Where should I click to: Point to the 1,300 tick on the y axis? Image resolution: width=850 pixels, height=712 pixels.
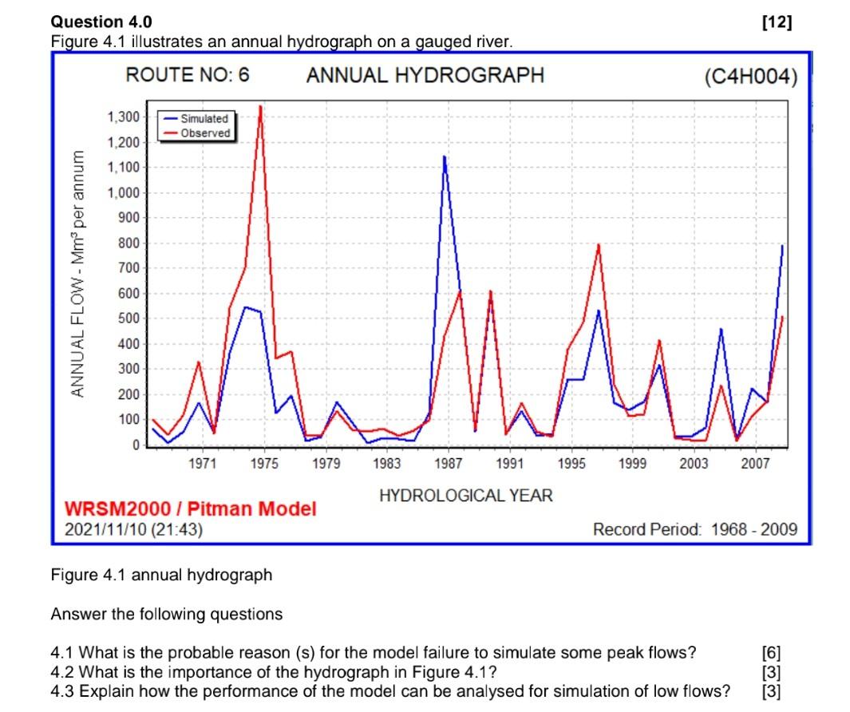pyautogui.click(x=123, y=117)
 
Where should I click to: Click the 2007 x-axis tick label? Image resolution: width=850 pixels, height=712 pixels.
pyautogui.click(x=755, y=464)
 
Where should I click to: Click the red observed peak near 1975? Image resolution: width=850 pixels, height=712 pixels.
pyautogui.click(x=260, y=107)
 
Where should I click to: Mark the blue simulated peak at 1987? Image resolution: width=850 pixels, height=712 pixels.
pyautogui.click(x=444, y=156)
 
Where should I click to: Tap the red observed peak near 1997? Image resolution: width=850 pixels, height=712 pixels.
pyautogui.click(x=598, y=244)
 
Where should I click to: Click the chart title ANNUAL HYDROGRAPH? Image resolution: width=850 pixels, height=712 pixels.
pyautogui.click(x=425, y=76)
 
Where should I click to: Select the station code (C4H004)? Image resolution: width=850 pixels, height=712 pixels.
pyautogui.click(x=750, y=77)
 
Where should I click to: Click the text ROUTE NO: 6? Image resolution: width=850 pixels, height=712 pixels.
pyautogui.click(x=188, y=75)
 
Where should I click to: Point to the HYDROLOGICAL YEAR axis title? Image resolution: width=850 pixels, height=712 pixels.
pyautogui.click(x=465, y=496)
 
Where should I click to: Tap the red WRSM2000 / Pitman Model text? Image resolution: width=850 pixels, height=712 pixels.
pyautogui.click(x=190, y=508)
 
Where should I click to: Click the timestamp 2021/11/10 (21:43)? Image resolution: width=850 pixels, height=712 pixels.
pyautogui.click(x=133, y=528)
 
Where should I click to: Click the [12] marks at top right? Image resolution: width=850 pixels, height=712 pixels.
pyautogui.click(x=777, y=22)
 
